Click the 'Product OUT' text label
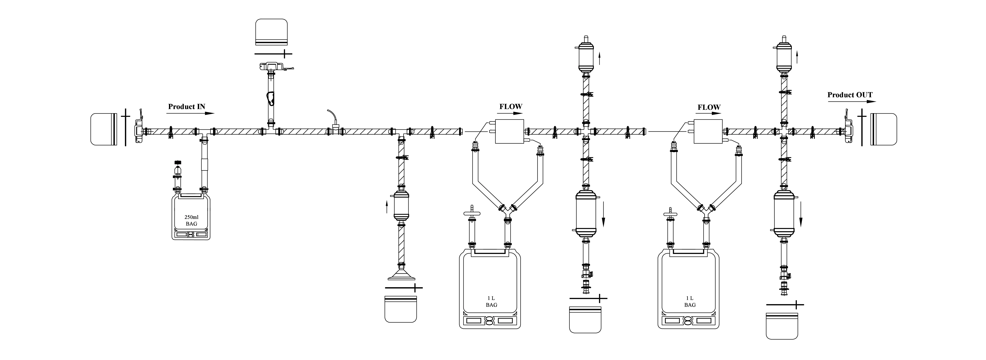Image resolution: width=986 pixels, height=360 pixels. coord(850,95)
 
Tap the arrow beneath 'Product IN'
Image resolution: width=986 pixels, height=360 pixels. coord(191,113)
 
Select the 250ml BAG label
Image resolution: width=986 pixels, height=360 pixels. coord(191,220)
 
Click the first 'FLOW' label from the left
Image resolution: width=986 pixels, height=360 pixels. coord(511,107)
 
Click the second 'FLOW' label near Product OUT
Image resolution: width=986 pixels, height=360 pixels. coord(709,108)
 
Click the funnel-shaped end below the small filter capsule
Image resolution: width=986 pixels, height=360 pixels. coord(401,275)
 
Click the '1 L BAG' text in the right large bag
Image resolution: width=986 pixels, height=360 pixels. coord(690,301)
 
